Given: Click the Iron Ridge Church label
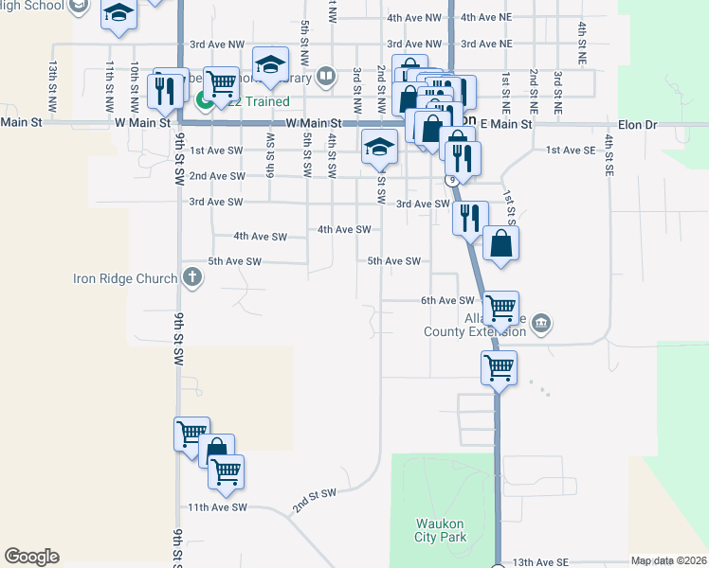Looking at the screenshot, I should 125,278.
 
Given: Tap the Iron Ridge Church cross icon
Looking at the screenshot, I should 192,278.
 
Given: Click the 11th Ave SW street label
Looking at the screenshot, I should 216,507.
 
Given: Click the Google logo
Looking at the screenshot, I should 31,557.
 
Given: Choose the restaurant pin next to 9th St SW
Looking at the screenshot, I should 168,90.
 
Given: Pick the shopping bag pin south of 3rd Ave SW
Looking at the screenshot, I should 501,243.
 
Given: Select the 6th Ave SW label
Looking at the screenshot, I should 446,301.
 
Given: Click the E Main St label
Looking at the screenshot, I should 507,124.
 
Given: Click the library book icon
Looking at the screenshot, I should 325,75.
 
